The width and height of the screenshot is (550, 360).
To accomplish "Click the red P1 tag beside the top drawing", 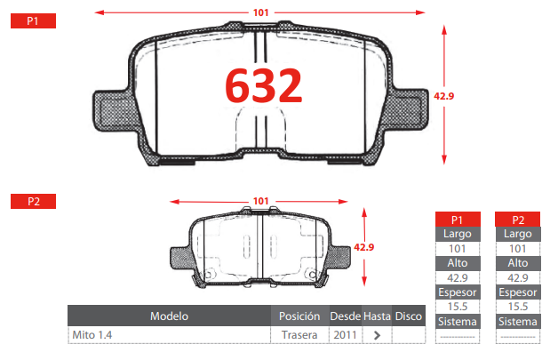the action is coord(34,21).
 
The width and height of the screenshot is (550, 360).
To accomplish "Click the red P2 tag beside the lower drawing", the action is coord(34,202).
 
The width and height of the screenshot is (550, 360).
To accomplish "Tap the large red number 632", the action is coord(263,85).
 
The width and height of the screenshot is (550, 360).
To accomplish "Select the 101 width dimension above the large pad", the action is coord(261,12).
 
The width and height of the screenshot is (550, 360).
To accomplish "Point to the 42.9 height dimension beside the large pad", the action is coord(443,96).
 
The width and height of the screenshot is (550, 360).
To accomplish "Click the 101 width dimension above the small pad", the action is coord(261,201).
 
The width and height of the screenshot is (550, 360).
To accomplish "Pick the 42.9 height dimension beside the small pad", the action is coord(363,247).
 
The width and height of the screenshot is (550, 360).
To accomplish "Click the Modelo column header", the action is coord(169,316).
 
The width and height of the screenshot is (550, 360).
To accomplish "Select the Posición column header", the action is coord(299,316).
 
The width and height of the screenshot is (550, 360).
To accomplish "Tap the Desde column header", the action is coord(345,316).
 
